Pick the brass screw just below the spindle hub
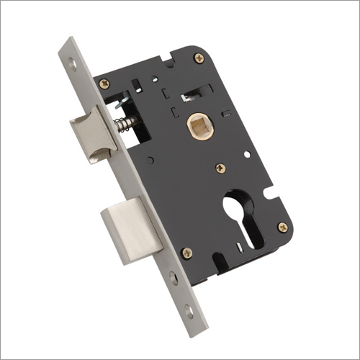220,168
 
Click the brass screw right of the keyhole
282,227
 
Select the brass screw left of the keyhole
186,252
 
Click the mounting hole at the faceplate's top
72,63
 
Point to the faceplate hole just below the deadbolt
174,276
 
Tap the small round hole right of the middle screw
247,154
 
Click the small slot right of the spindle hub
225,113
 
